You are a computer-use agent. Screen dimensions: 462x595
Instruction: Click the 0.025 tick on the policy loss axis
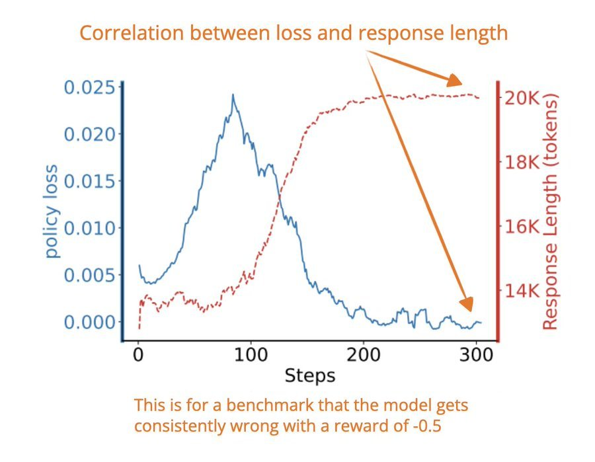coord(91,87)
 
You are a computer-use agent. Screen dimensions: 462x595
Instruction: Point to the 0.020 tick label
coord(91,134)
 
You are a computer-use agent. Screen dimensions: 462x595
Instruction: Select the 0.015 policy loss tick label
coord(91,181)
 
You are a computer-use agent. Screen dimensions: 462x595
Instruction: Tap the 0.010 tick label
coord(91,228)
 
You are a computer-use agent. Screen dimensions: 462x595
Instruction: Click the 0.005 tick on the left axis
coord(91,275)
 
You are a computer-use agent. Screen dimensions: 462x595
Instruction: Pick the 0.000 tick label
coord(91,322)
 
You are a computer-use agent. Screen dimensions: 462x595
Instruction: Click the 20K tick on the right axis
coord(522,98)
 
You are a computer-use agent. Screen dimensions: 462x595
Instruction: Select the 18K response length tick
coord(522,163)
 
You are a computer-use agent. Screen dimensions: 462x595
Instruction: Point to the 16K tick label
coord(522,227)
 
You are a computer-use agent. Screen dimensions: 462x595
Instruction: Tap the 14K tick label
coord(522,291)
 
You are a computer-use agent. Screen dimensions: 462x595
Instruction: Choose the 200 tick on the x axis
coord(364,355)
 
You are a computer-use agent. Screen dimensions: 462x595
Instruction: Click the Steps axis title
coord(309,375)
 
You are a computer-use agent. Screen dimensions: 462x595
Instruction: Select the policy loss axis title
coord(51,211)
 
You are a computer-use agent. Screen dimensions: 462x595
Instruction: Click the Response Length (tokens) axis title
coord(550,212)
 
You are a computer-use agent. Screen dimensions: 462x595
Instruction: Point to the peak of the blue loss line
coord(233,95)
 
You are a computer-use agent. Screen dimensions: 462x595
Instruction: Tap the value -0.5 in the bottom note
coord(426,426)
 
